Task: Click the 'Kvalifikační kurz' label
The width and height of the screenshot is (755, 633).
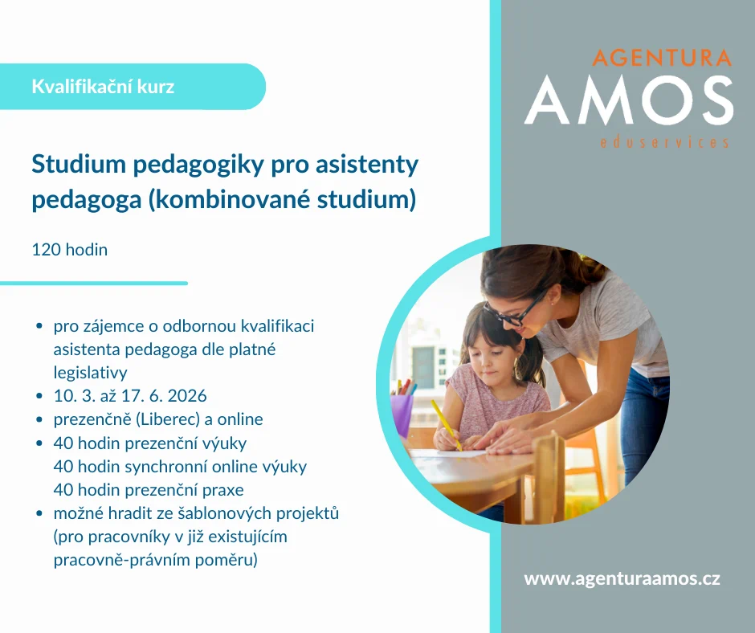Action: (103, 87)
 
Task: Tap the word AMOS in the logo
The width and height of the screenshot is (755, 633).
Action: (629, 100)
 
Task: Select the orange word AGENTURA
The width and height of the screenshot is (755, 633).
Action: (662, 58)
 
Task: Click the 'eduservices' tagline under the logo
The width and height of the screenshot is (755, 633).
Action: (664, 142)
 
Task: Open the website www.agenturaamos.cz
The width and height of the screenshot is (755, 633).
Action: (622, 578)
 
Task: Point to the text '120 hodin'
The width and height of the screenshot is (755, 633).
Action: (70, 250)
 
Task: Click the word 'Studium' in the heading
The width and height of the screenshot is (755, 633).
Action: (79, 164)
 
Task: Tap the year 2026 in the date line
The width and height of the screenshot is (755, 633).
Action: (187, 395)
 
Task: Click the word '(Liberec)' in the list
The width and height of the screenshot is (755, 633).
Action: (168, 419)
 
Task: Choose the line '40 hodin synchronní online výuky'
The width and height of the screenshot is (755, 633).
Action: (180, 467)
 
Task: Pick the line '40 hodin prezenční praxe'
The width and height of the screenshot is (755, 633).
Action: (149, 490)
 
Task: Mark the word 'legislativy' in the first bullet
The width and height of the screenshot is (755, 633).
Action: (91, 373)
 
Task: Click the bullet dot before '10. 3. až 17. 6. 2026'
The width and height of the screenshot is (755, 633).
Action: (39, 396)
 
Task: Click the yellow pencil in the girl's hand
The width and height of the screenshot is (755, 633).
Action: (446, 425)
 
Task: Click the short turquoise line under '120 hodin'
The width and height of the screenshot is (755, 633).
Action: (94, 284)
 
